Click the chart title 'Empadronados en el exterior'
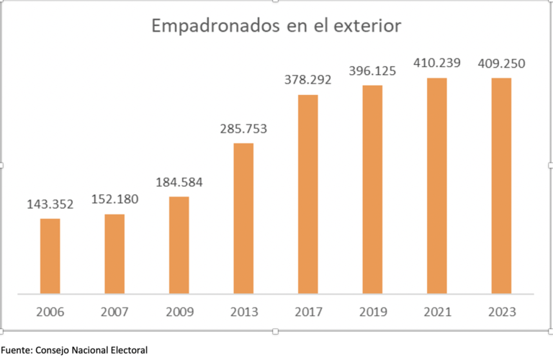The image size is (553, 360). (x=276, y=27)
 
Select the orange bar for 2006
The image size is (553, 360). (x=50, y=256)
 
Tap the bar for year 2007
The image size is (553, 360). (x=114, y=253)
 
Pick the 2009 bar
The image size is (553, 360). (x=179, y=245)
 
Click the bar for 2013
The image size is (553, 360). (x=243, y=218)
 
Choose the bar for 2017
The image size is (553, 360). (x=307, y=194)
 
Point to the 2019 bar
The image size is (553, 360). (x=372, y=189)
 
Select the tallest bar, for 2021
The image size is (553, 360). (x=436, y=186)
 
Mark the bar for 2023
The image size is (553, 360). (x=501, y=186)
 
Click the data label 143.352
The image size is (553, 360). (x=50, y=205)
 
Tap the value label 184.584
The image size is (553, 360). (x=179, y=183)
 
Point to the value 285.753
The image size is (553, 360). (x=243, y=130)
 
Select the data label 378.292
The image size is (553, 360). (x=307, y=81)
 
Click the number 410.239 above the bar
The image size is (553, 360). (x=436, y=63)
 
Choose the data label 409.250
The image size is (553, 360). (x=501, y=63)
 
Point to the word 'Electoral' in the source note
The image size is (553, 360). (x=128, y=350)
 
